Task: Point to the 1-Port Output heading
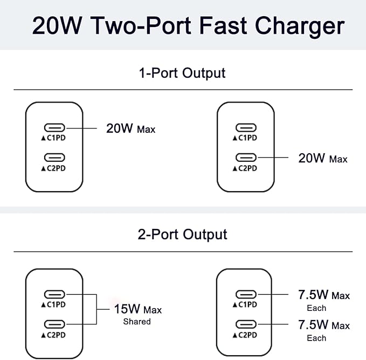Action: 182,72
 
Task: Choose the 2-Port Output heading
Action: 182,234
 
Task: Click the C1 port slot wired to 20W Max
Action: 54,128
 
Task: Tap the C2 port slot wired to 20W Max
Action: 245,158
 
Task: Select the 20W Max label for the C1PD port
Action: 130,128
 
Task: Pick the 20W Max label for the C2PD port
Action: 322,158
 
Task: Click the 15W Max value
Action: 137,309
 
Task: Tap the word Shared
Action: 137,322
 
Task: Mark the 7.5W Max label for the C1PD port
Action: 323,295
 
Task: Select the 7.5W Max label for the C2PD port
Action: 323,325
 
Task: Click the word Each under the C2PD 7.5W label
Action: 316,338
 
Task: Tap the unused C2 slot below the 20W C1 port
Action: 54,158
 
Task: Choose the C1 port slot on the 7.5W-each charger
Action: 245,295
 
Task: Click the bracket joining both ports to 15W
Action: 95,309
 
